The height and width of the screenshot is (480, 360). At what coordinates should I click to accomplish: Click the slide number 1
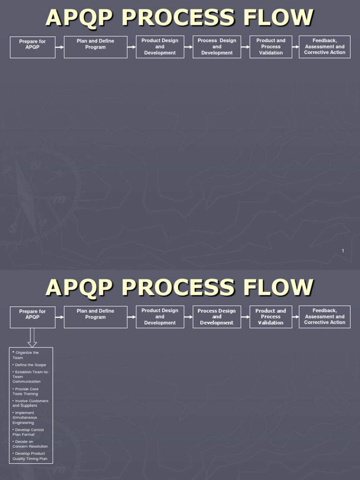click(343, 251)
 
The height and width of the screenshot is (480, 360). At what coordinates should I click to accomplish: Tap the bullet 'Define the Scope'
click(30, 365)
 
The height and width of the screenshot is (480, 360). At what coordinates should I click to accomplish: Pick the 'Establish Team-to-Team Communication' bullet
click(30, 376)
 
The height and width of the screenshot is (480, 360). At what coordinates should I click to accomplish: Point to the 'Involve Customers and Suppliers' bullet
click(30, 403)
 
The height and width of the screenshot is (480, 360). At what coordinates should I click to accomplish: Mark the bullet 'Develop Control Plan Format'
click(29, 432)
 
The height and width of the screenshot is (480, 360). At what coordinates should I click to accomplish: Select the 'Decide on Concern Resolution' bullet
click(30, 444)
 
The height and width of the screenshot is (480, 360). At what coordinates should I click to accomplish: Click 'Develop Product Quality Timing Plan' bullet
click(30, 456)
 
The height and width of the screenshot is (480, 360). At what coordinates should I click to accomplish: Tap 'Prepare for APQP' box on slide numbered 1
click(32, 47)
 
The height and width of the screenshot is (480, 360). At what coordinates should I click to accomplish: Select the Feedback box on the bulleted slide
click(324, 317)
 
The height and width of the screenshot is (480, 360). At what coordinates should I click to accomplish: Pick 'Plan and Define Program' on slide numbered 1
click(96, 47)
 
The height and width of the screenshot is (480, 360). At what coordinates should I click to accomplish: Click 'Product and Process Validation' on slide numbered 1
click(271, 47)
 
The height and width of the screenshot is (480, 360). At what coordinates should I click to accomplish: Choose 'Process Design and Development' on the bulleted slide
click(217, 317)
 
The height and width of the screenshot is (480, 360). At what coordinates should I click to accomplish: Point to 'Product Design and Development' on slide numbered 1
click(160, 47)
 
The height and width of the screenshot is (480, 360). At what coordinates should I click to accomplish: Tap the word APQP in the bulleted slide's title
click(80, 287)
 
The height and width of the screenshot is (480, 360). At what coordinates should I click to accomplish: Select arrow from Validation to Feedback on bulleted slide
click(295, 317)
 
